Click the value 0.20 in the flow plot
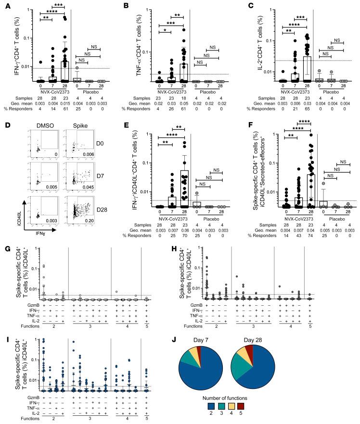pos(87,231)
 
